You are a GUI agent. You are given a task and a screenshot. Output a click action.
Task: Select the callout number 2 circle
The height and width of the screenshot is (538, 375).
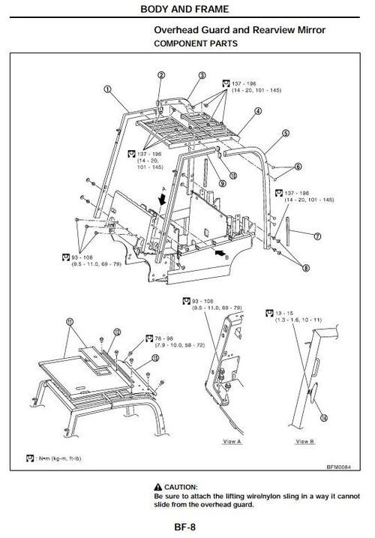(161, 75)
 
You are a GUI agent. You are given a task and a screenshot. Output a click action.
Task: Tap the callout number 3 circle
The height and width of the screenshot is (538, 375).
(202, 76)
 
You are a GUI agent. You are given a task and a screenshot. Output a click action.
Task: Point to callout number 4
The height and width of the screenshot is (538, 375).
(257, 111)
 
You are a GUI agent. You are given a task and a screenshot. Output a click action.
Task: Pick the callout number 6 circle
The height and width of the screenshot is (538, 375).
(298, 167)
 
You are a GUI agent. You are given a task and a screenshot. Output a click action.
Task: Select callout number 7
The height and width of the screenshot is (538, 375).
(317, 236)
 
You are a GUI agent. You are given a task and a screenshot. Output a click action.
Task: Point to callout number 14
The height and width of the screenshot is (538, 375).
(323, 416)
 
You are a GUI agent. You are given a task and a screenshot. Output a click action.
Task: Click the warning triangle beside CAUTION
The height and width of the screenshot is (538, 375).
(158, 486)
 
